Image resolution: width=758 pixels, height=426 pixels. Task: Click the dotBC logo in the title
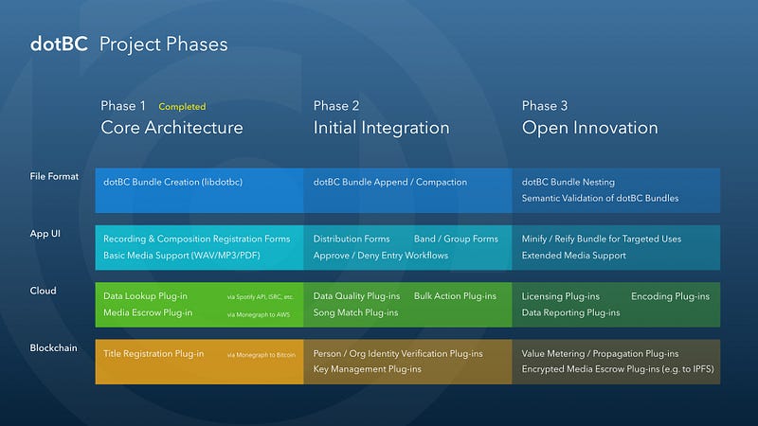tap(59, 44)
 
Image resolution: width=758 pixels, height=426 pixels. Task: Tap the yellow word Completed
tap(182, 107)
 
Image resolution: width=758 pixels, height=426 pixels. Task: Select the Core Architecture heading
tap(171, 128)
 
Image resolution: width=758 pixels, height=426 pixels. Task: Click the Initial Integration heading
tap(382, 128)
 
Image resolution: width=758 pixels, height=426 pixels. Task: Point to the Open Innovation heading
tap(589, 129)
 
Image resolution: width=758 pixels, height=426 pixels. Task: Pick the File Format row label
tap(54, 176)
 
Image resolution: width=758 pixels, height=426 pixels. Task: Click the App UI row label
tap(45, 234)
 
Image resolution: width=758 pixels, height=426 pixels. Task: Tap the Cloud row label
tap(43, 291)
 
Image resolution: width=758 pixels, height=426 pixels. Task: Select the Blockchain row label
tap(54, 347)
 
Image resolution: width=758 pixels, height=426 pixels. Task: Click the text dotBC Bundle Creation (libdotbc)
tap(173, 182)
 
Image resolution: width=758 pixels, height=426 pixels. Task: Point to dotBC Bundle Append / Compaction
tap(390, 182)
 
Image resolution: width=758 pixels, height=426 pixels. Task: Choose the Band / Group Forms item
tap(456, 240)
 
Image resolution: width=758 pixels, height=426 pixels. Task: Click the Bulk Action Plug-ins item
tap(455, 296)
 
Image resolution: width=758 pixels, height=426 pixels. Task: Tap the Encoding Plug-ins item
tap(671, 296)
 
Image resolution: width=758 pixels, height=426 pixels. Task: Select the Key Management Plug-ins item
tap(368, 369)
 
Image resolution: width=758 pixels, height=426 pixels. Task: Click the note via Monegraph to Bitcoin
tap(262, 355)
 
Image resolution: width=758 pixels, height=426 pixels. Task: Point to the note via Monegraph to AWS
tap(259, 315)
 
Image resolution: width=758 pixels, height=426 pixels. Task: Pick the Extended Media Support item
tap(574, 256)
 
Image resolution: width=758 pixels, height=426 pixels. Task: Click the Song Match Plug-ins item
tap(356, 313)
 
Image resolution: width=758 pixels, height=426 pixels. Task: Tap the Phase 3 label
tap(545, 106)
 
